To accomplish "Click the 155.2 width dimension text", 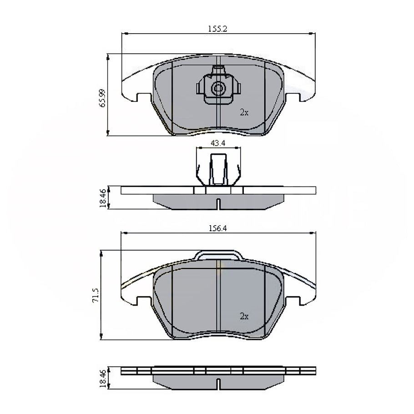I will coord(217,28).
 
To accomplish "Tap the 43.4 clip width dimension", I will coord(218,143).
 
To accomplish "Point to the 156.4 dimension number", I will coord(217,229).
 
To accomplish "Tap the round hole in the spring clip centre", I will coord(218,87).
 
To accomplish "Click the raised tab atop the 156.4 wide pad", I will coord(218,256).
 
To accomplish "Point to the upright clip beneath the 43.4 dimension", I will coord(218,169).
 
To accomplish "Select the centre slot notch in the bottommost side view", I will coord(218,384).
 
